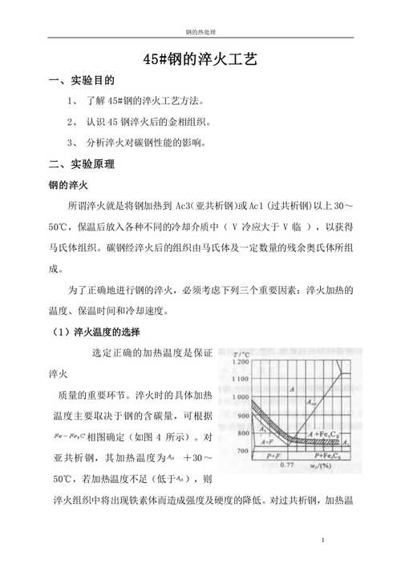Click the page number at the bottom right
pos(322,541)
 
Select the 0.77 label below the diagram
pos(288,464)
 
